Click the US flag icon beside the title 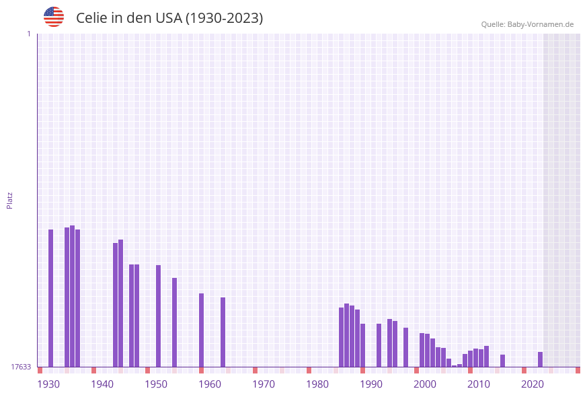point(54,17)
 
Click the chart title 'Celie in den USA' point(169,18)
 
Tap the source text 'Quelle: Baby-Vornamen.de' point(527,24)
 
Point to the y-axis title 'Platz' point(10,200)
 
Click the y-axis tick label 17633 point(21,367)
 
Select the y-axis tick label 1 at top point(28,34)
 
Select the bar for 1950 point(158,316)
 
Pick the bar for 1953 point(174,322)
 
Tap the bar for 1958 point(201,330)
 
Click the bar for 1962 point(223,332)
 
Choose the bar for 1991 point(379,345)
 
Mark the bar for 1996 point(405,347)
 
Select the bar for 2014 point(502,361)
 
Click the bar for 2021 point(540,359)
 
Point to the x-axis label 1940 point(102,384)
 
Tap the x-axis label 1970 point(264,384)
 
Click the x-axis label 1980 point(317,384)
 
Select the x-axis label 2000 point(425,384)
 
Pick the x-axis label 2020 point(533,384)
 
